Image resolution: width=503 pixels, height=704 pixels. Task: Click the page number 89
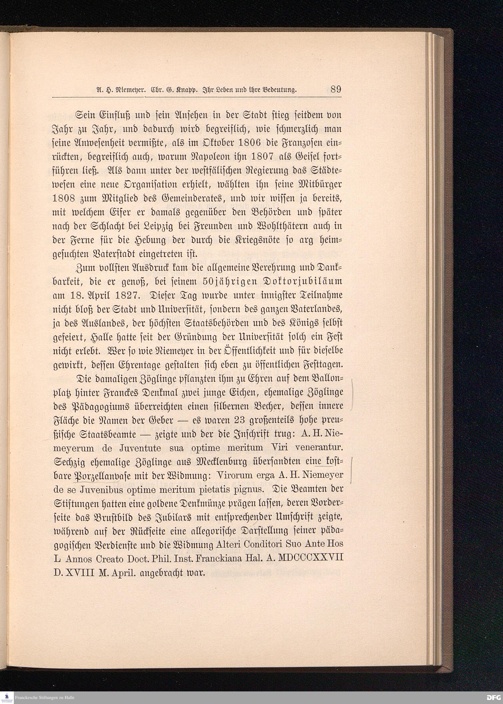pyautogui.click(x=336, y=90)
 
